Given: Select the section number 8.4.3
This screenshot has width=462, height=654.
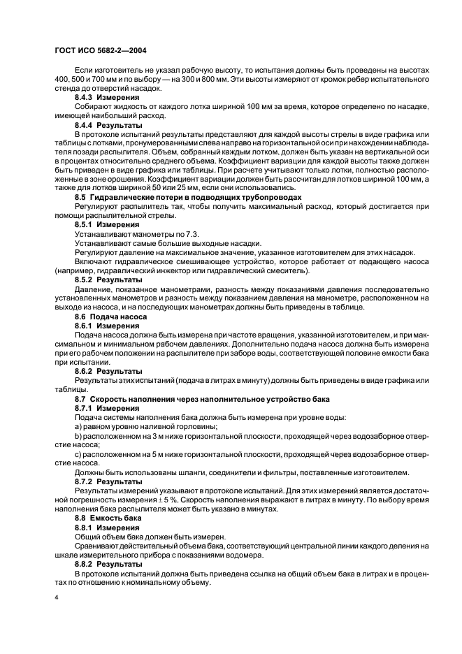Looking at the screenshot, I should click(x=85, y=99).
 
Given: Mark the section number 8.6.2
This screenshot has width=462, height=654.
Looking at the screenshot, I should click(x=85, y=371).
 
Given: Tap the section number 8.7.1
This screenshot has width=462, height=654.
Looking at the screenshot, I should click(x=85, y=407).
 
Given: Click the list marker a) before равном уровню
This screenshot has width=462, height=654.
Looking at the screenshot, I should click(x=78, y=426).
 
